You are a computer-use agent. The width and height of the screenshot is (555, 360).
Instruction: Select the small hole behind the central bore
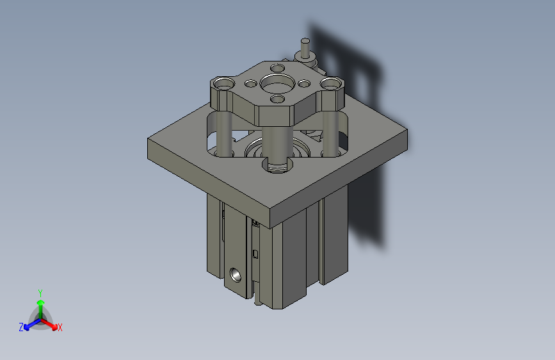coord(278,67)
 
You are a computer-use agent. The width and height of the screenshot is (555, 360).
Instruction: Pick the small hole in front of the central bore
coord(278,99)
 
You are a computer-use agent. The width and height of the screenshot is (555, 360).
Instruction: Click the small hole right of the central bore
coord(303,82)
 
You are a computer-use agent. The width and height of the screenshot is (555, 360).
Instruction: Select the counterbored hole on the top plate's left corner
coord(223,83)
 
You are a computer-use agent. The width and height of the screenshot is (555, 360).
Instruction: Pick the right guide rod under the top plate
coord(330,133)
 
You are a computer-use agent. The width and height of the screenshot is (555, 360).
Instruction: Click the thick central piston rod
coord(277,144)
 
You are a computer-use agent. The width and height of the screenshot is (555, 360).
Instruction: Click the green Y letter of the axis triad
coord(40,291)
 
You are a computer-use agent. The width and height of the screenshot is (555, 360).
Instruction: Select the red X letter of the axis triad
coord(60,328)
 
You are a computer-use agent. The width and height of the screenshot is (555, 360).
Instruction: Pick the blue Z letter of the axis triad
coord(20,327)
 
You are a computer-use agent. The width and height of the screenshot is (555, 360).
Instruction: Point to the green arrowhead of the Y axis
coord(40,302)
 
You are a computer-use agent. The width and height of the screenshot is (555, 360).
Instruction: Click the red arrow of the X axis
coord(51,323)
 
